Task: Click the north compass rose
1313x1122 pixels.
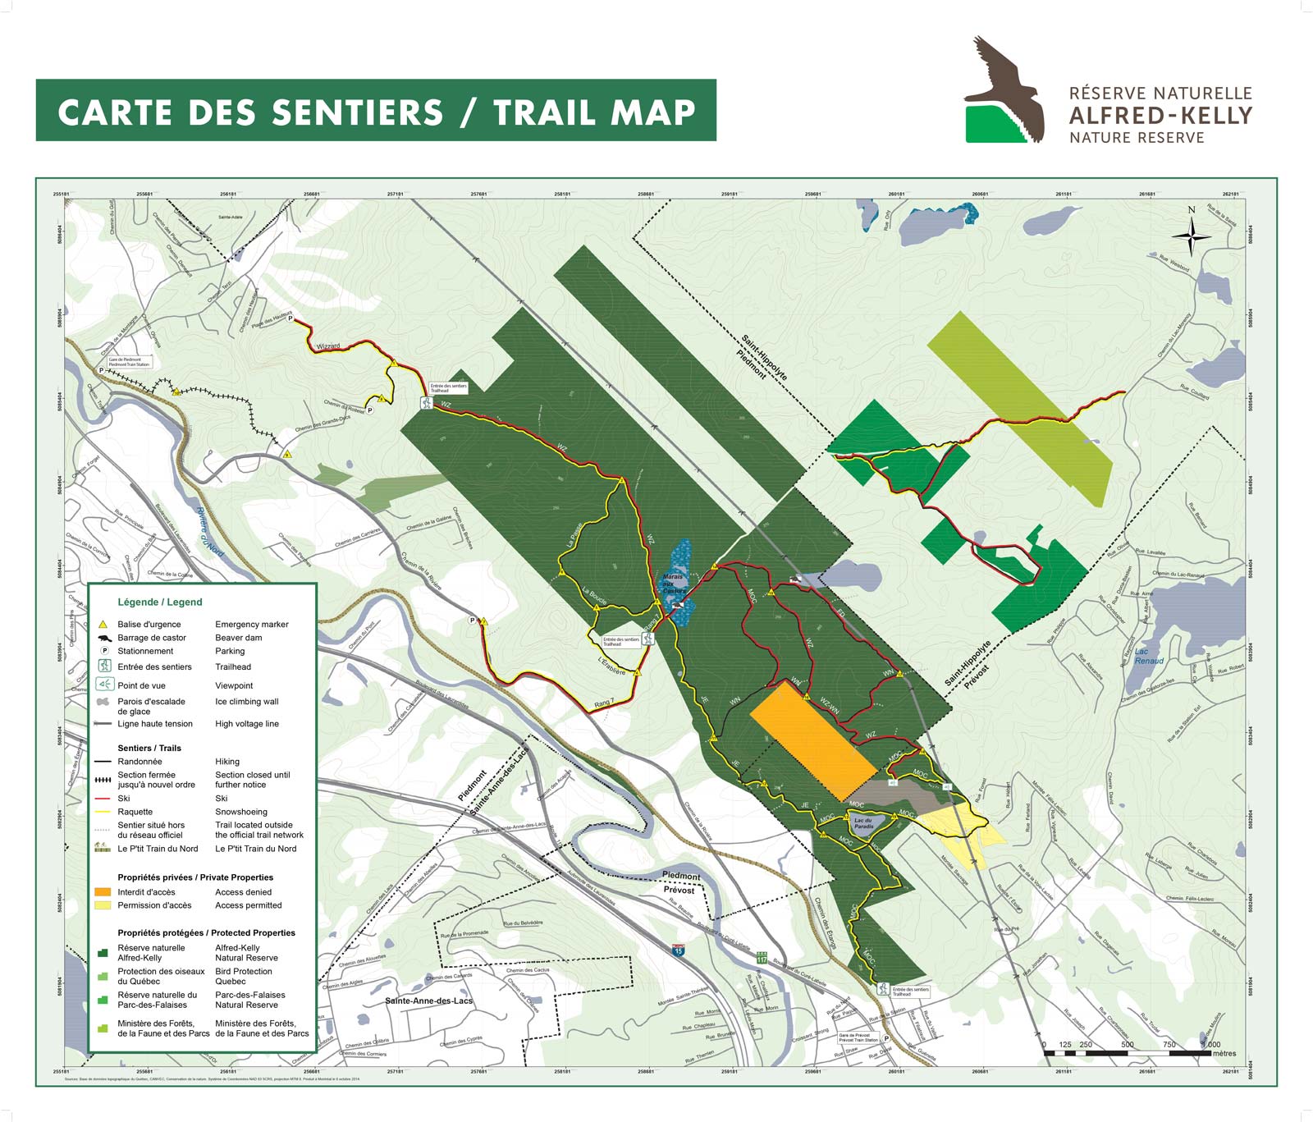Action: coord(1191,237)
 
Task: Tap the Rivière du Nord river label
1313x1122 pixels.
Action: coord(211,531)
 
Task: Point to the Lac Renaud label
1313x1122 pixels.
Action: coord(1149,656)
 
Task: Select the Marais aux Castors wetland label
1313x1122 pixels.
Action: coord(674,584)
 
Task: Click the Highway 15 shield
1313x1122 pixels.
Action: coord(678,950)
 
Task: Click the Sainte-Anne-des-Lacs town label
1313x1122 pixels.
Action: coord(428,1001)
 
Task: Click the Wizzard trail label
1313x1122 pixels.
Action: coord(327,346)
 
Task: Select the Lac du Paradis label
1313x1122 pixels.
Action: coord(863,823)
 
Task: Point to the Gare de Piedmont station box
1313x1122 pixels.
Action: coord(129,362)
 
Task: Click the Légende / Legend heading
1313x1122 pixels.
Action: coord(159,602)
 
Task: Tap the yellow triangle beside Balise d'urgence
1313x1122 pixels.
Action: coord(103,625)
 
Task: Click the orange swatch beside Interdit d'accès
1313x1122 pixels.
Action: coord(103,892)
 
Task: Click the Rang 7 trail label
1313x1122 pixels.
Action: coord(603,703)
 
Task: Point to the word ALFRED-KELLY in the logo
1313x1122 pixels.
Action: coord(1160,116)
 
